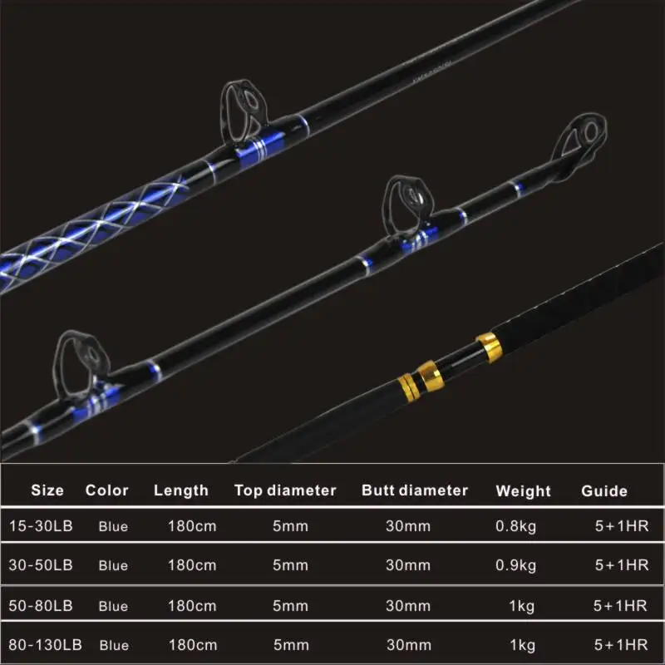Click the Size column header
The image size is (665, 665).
pos(47,490)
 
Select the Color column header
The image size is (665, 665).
pos(107,490)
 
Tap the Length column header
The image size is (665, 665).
pos(181,490)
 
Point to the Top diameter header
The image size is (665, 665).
pos(285,490)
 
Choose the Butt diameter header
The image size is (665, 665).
pos(415,490)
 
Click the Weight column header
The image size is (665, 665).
pos(524,491)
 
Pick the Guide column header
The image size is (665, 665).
pos(604,491)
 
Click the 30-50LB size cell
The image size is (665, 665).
pos(42,565)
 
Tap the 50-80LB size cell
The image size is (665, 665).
pos(42,605)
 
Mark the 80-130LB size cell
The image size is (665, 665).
pos(47,645)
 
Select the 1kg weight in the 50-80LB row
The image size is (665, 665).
pos(522,606)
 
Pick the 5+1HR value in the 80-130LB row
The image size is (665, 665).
pos(622,645)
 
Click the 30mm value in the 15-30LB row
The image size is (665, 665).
pos(408,525)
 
